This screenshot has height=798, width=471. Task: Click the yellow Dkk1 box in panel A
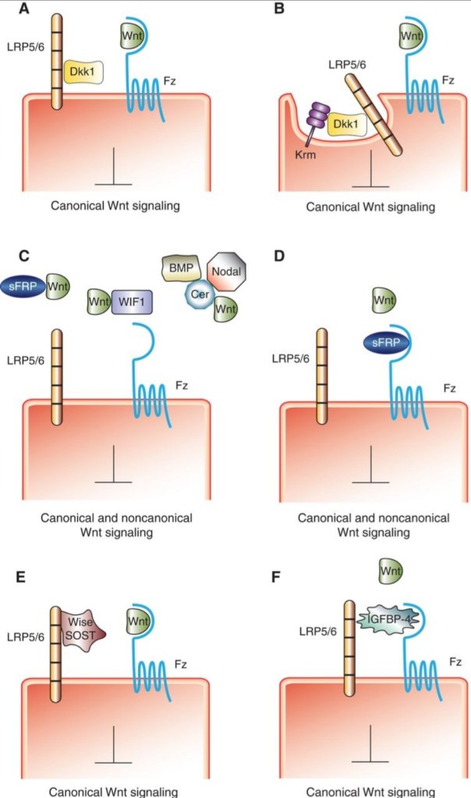pyautogui.click(x=83, y=73)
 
